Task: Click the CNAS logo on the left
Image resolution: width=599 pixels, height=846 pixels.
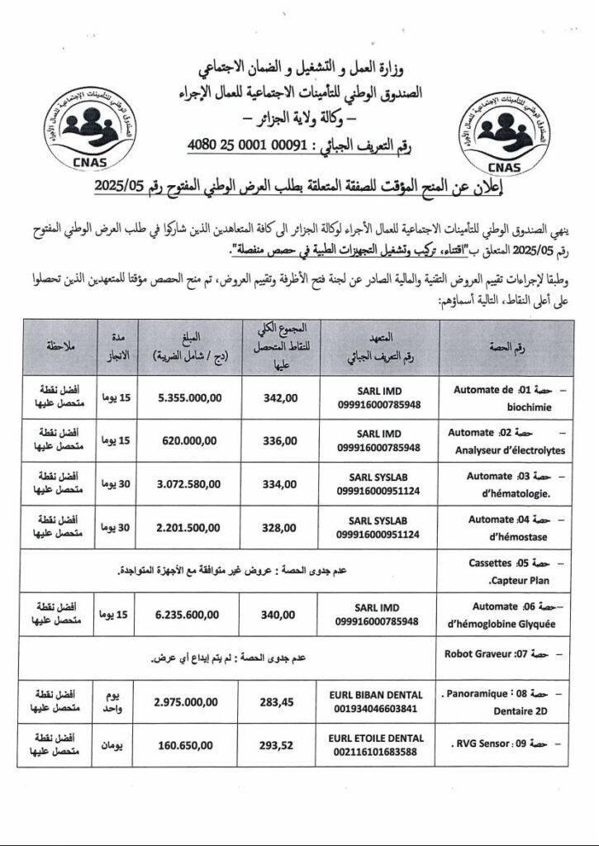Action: (76, 131)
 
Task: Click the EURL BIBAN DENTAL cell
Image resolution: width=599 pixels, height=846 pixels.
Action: (378, 701)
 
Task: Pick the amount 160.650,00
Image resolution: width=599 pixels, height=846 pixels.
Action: (188, 744)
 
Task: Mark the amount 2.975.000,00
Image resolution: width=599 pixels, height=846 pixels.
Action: (188, 701)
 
